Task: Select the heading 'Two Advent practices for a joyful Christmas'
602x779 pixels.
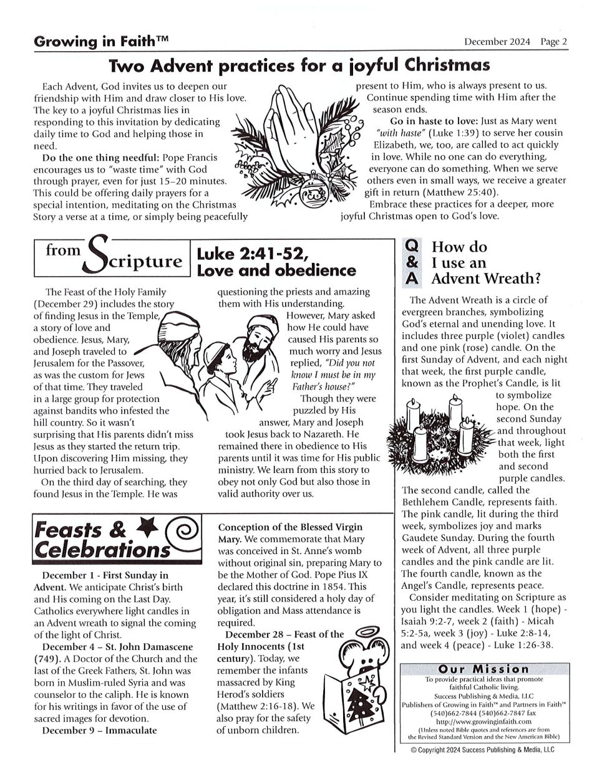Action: pos(299,65)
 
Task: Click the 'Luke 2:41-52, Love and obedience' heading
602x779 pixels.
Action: pos(276,262)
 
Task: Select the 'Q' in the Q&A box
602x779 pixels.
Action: pos(412,247)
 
